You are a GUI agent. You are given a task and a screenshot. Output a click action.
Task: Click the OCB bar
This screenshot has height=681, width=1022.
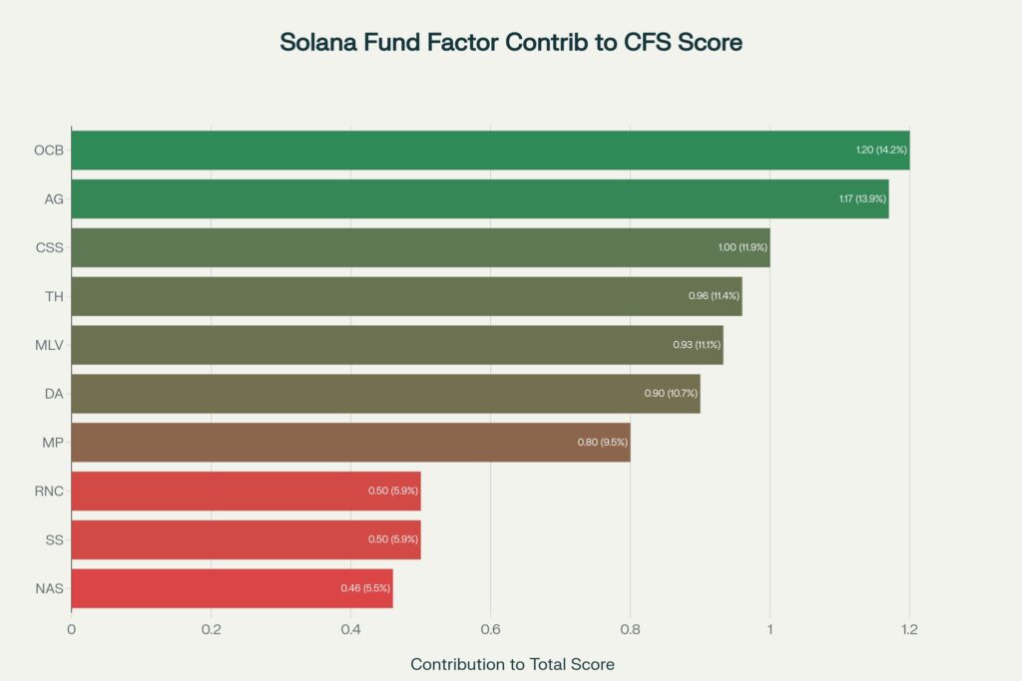tap(489, 150)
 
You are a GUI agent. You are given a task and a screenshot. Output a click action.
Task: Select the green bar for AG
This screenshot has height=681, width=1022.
tap(479, 198)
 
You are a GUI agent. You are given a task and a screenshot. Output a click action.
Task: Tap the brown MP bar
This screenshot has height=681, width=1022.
tap(349, 442)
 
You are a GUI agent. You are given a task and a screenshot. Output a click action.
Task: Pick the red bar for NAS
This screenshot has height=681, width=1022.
tap(232, 588)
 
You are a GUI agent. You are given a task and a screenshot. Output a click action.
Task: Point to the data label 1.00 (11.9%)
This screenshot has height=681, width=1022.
tap(743, 247)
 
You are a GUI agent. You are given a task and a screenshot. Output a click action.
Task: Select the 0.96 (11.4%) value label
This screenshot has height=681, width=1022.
tap(714, 296)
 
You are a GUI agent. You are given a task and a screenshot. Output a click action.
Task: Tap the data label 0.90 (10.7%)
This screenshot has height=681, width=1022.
tap(672, 394)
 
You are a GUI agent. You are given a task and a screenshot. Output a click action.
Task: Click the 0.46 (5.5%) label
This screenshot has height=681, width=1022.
tap(365, 588)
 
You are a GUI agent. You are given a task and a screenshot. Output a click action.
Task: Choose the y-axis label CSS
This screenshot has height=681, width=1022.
tap(49, 247)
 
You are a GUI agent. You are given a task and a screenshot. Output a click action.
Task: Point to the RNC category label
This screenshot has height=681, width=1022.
tap(49, 491)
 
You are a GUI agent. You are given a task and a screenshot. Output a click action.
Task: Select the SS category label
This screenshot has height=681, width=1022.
tap(54, 539)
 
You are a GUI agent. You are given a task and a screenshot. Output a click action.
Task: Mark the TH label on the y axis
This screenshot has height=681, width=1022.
tap(54, 296)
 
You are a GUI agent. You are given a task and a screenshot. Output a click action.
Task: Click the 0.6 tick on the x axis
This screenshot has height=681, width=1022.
tap(490, 630)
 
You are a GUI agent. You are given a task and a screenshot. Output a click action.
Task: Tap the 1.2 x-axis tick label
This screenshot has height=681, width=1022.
tap(909, 630)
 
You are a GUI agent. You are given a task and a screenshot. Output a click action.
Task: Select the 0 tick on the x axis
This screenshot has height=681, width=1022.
tap(71, 630)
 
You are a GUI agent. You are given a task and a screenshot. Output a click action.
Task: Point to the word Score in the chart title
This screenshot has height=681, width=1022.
tap(707, 43)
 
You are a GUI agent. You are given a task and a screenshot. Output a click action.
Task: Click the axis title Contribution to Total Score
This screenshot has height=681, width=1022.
tap(512, 664)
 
